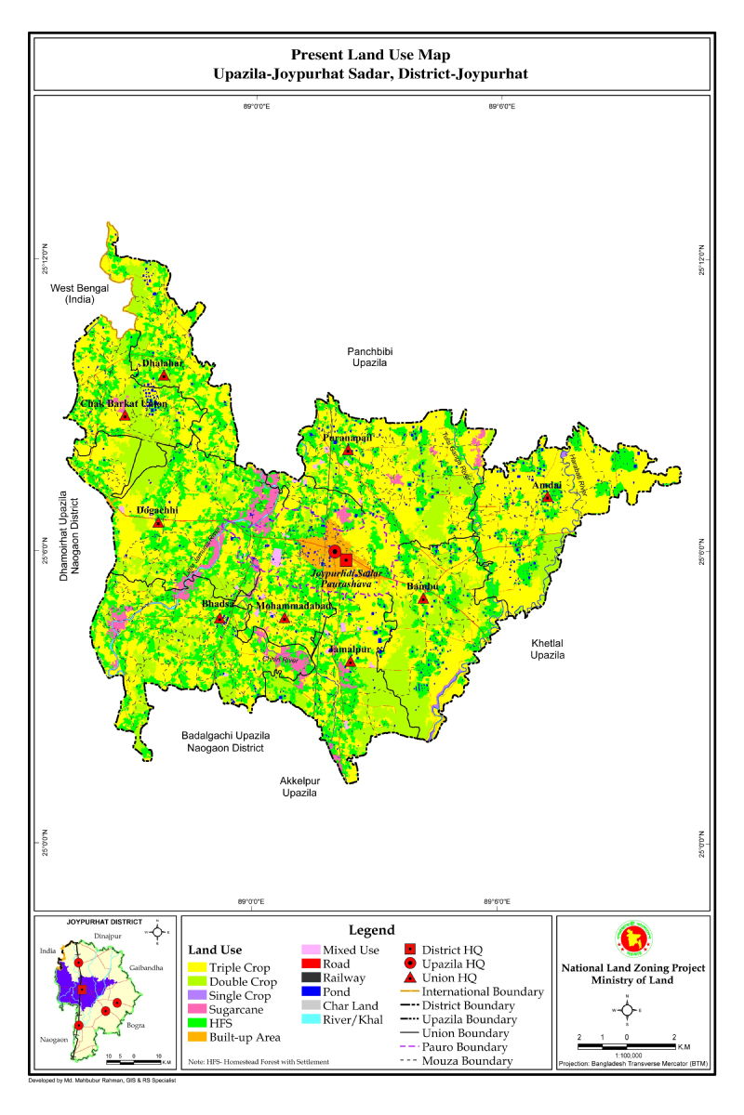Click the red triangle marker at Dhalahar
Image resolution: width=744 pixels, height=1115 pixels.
tap(164, 375)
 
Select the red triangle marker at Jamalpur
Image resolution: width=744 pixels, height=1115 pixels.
tap(350, 661)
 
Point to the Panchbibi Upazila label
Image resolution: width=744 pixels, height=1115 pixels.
tap(373, 359)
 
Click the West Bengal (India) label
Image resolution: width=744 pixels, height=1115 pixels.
tap(79, 294)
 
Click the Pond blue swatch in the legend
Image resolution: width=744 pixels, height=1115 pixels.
tap(312, 991)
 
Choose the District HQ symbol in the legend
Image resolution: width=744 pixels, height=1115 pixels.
tap(412, 950)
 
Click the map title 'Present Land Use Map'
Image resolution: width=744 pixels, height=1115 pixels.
tap(370, 56)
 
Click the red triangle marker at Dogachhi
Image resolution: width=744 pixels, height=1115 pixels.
tap(158, 522)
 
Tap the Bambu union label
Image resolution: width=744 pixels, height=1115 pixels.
tap(421, 587)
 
